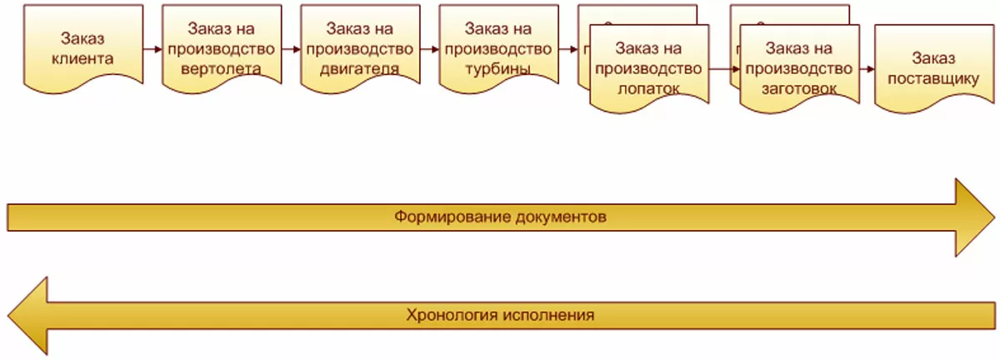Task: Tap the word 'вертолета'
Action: [220, 68]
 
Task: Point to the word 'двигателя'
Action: [358, 68]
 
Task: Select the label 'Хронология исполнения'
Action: [500, 316]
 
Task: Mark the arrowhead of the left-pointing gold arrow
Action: [25, 316]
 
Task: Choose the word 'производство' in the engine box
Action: [358, 48]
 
